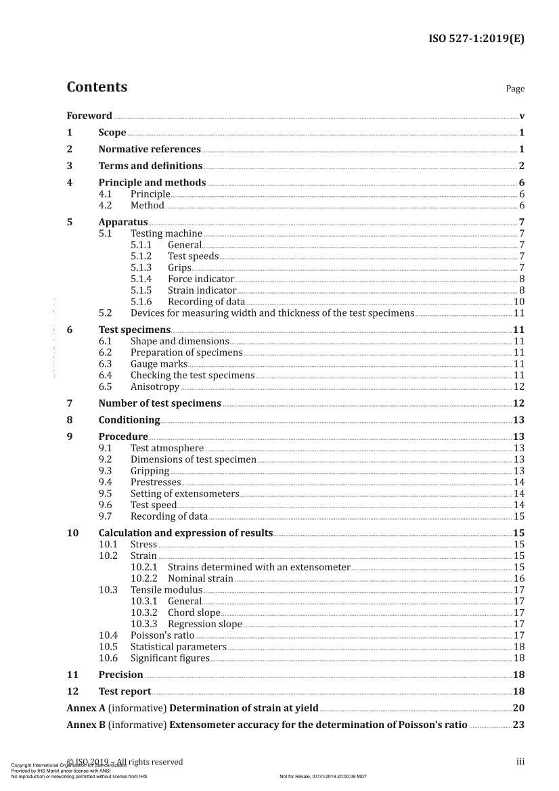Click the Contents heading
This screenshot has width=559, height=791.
pos(97,87)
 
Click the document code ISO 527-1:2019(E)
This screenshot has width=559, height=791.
pos(476,39)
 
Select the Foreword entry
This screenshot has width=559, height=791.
pos(89,116)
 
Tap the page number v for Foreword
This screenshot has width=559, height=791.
pos(522,116)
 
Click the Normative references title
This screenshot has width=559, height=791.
pos(150,149)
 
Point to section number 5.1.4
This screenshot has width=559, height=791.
pos(141,279)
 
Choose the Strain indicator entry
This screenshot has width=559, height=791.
pos(202,290)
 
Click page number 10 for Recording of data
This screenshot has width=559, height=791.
pos(519,302)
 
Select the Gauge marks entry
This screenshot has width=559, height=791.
pos(158,364)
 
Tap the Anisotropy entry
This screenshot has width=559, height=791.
pos(155,387)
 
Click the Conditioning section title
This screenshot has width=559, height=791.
pos(129,420)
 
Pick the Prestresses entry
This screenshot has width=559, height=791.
pos(156,482)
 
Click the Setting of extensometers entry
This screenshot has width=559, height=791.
pos(185,494)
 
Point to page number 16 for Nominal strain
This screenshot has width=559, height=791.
pos(519,579)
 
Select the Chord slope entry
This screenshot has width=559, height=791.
pos(194,612)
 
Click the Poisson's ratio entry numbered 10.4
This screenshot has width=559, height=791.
pos(162,635)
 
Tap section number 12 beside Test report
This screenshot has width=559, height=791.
pos(72,691)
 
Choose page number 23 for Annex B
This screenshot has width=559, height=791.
pos(519,725)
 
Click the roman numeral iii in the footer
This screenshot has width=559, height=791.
pos(520,762)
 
